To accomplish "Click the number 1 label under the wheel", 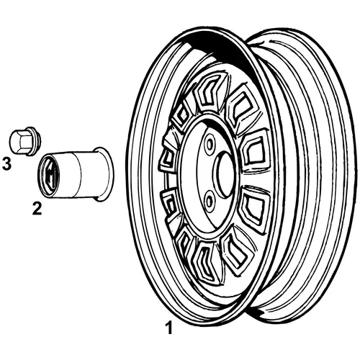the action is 169,328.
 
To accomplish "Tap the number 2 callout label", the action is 37,208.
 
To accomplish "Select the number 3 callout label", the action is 6,163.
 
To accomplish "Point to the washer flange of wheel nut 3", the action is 35,141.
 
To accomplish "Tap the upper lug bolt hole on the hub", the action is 210,145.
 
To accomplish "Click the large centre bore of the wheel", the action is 225,175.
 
